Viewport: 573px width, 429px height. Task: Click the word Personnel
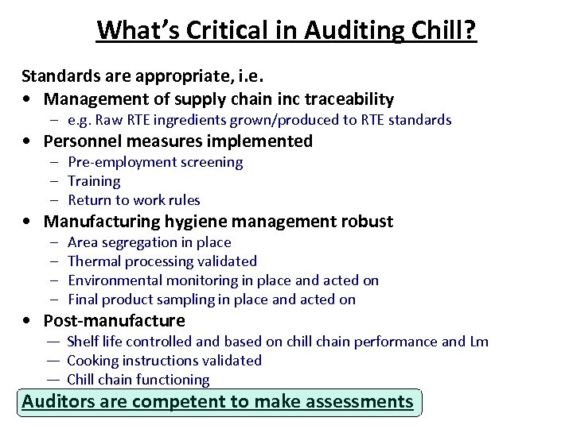[84, 141]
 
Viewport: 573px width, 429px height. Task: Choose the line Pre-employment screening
[155, 162]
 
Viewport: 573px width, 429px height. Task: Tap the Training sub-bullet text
[94, 181]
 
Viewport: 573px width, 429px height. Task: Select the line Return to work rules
[134, 200]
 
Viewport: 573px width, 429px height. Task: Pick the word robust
[368, 222]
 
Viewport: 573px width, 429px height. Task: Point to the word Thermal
[91, 261]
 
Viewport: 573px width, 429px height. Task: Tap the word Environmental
[114, 280]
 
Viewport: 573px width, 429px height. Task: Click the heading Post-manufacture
[114, 321]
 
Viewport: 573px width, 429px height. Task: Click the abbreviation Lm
[479, 342]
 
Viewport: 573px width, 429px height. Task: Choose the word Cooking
[93, 361]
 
